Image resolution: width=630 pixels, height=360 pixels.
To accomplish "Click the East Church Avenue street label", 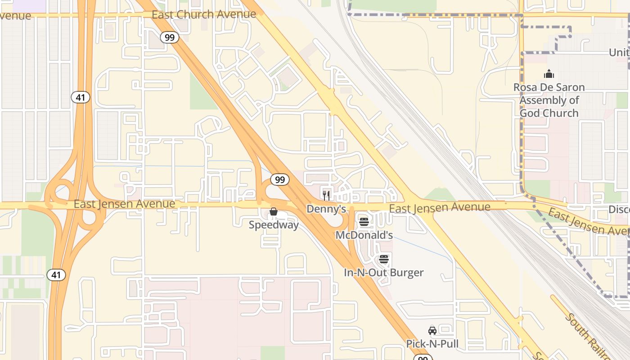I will pos(203,14).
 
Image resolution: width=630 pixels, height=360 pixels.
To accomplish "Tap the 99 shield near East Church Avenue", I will pos(169,37).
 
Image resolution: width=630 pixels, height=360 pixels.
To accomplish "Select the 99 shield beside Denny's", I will pos(279,180).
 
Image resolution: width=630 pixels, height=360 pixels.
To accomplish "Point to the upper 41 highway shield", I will pos(80,97).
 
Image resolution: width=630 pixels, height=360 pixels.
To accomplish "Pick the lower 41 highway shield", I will pos(56,275).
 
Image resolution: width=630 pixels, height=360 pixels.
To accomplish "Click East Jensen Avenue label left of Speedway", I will pos(124,204).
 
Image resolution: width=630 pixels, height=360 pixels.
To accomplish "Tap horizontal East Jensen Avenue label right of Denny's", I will pos(439,207).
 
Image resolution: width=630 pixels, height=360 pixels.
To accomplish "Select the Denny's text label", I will pos(326,209).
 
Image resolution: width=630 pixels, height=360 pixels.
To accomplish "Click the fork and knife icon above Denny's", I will pos(326,195).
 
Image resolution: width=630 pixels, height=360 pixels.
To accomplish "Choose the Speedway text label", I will pos(274,225).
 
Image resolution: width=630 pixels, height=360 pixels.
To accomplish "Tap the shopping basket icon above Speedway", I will pos(273,211).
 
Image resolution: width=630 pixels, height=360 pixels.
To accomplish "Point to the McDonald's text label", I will pos(364,235).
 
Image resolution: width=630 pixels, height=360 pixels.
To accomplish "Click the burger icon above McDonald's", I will pos(364,222).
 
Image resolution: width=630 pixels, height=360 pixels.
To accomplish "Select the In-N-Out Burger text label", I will pos(383,273).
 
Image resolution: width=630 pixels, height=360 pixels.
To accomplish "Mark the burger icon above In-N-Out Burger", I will pos(383,259).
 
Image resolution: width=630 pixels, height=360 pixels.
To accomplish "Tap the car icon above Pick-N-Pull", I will pos(432,331).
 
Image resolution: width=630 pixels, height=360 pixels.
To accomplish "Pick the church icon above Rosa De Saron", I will pos(549,74).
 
